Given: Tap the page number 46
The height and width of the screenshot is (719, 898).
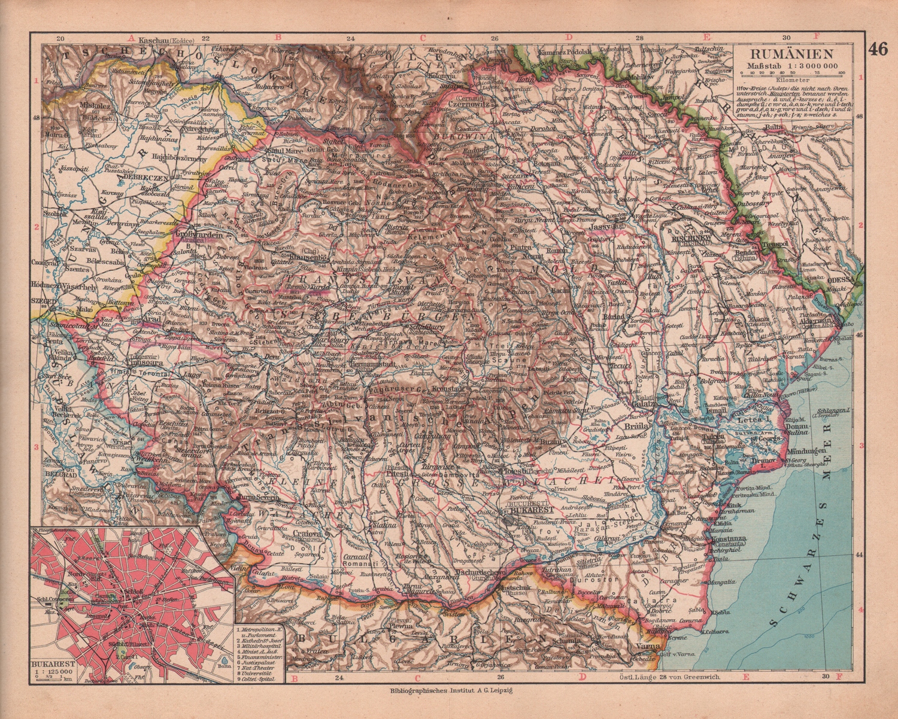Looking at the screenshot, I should pos(878,49).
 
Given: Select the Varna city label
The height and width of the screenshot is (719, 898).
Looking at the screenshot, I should pos(650,645).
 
